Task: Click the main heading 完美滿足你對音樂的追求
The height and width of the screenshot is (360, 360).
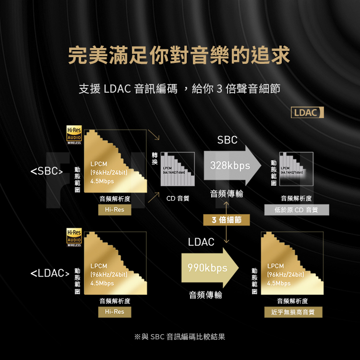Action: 180,55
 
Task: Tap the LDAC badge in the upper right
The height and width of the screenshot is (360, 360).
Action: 307,113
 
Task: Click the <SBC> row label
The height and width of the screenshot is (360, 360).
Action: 47,171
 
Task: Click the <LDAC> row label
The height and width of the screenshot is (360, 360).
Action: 48,274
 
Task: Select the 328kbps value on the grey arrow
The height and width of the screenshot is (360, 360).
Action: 229,166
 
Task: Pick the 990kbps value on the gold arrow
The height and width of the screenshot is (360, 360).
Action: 207,268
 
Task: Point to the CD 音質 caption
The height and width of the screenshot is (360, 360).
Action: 178,198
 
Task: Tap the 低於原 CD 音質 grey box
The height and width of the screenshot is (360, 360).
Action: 297,210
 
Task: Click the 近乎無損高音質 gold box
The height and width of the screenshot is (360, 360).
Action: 293,312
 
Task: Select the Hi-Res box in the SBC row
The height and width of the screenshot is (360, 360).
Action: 114,210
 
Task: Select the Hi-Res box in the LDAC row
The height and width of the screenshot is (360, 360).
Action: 114,312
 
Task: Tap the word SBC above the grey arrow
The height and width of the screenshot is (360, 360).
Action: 227,140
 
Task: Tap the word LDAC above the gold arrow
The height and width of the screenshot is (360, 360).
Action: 201,242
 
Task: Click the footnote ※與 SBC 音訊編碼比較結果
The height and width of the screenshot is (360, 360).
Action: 180,337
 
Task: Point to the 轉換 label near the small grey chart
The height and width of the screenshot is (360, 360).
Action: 154,159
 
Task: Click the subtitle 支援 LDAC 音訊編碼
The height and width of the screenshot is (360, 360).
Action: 128,89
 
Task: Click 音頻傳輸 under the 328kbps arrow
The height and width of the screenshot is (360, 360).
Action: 226,194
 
